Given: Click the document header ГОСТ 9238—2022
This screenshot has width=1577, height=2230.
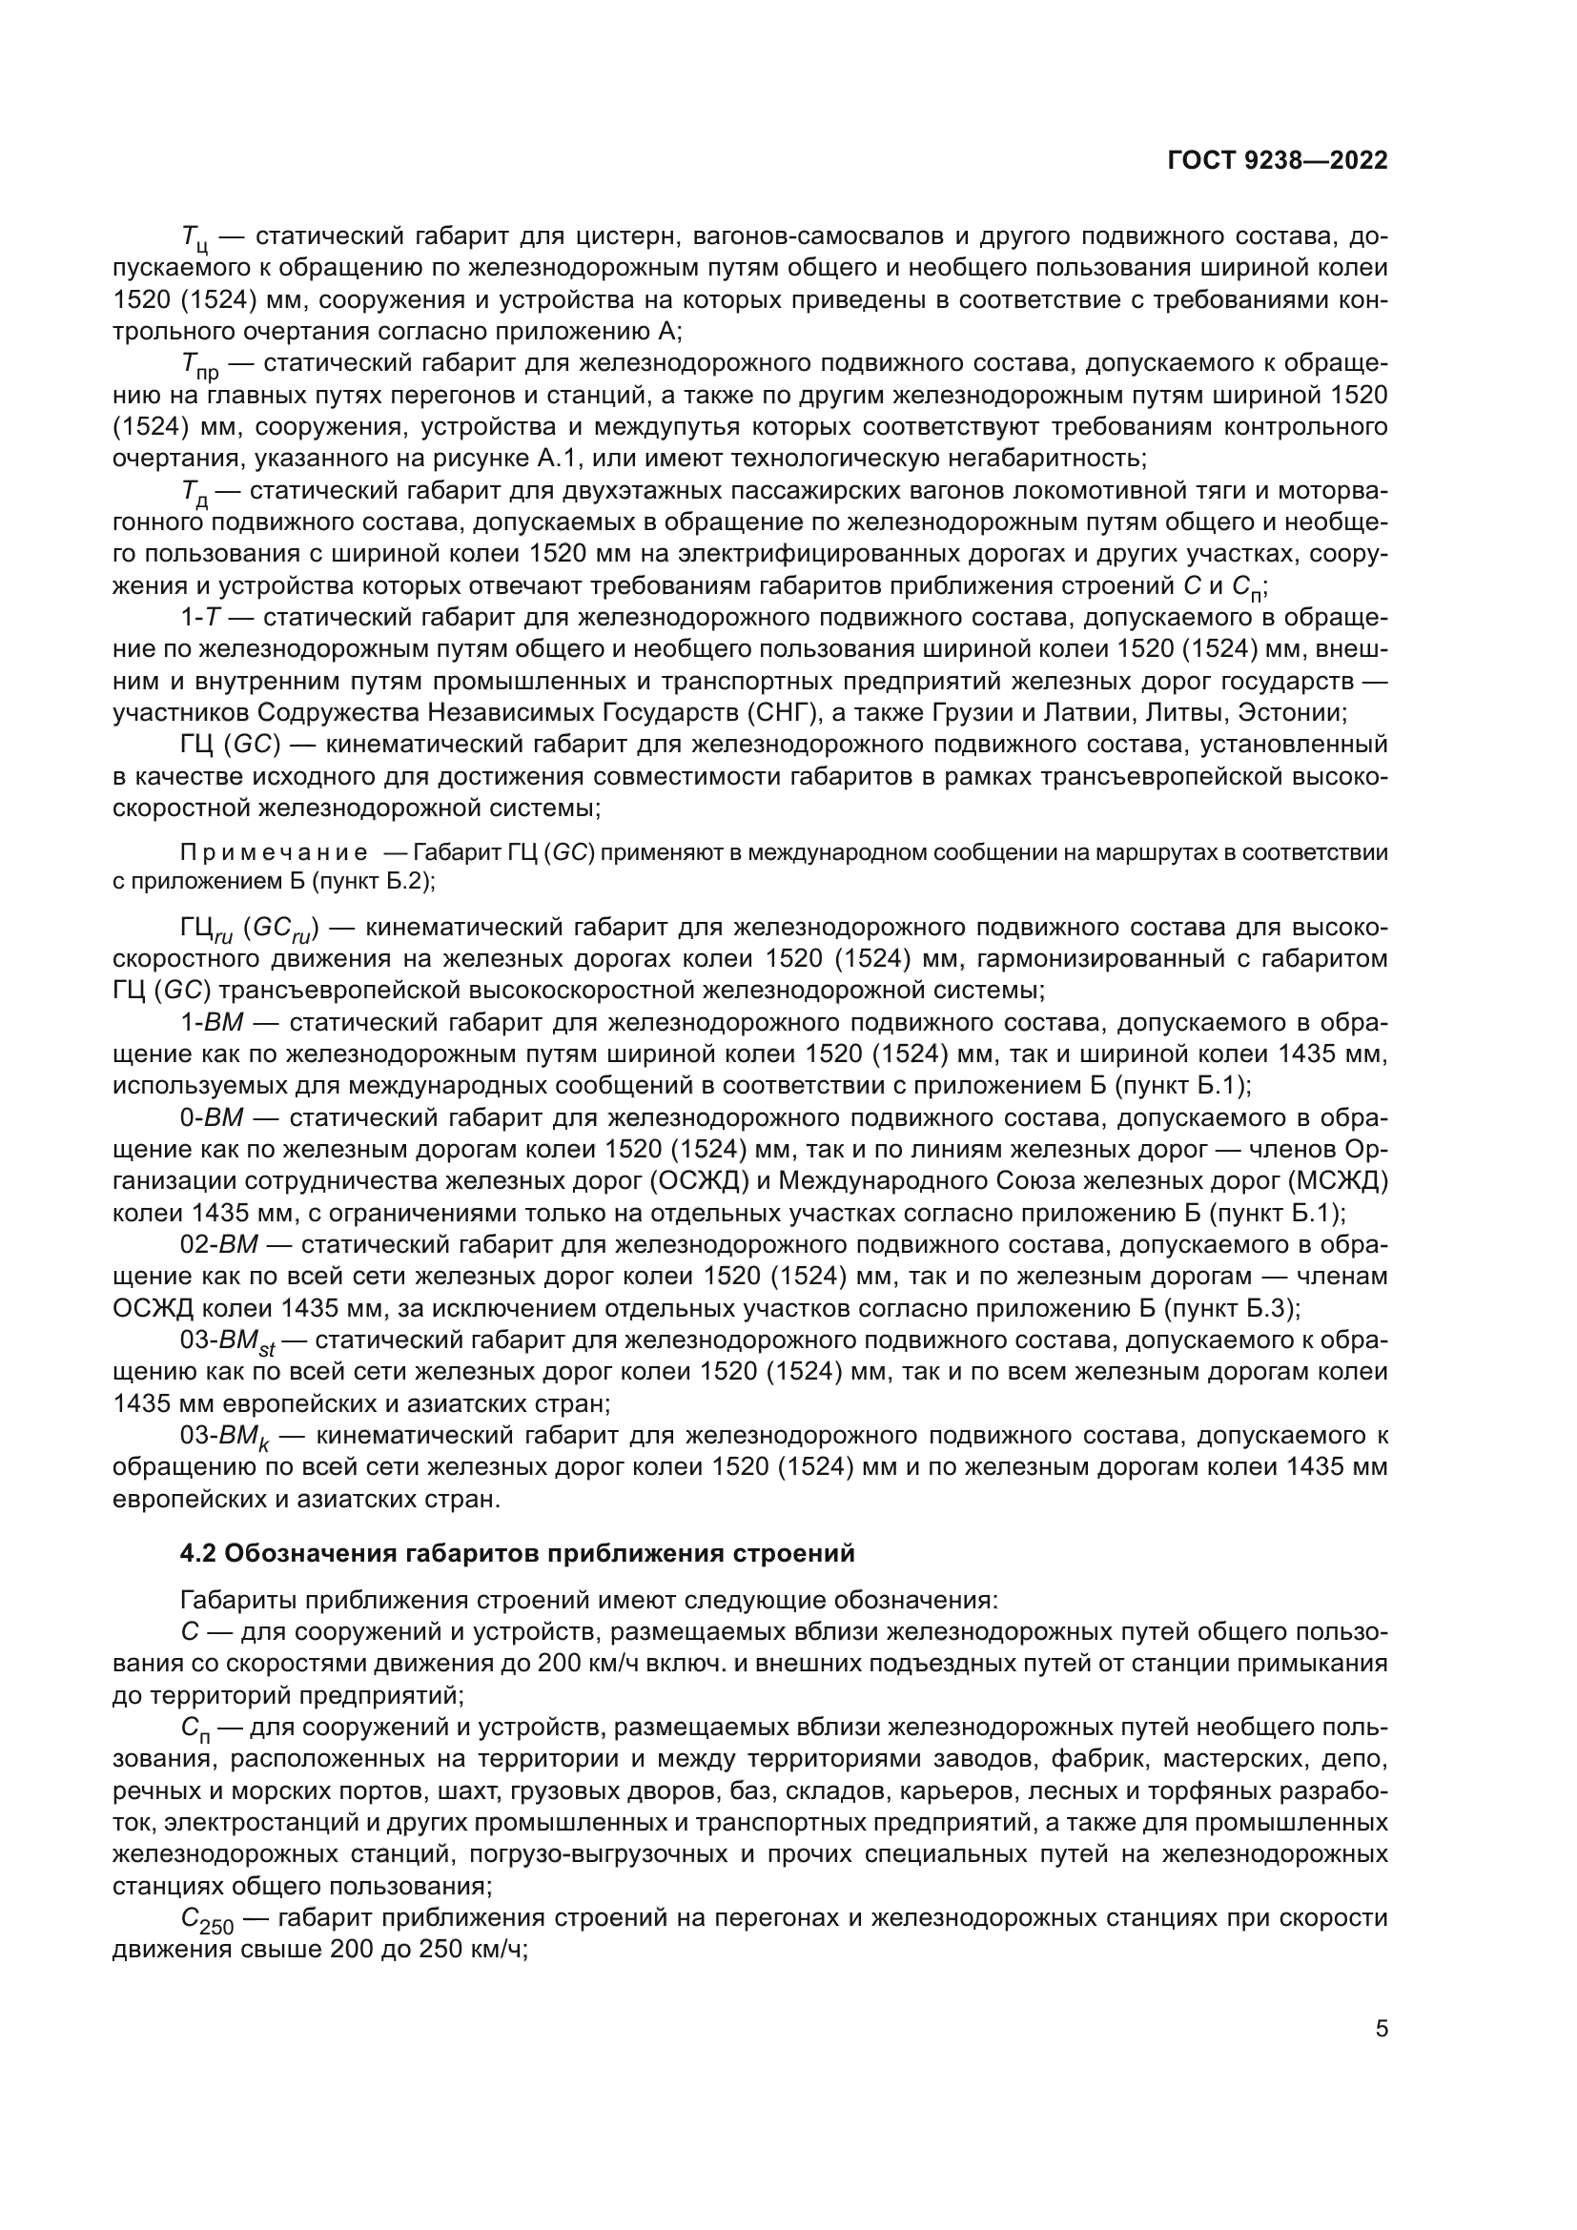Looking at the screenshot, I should [1277, 161].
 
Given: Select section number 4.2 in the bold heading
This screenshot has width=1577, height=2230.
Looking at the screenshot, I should [201, 1553].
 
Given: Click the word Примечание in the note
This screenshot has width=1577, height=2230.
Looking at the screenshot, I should [273, 852].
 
